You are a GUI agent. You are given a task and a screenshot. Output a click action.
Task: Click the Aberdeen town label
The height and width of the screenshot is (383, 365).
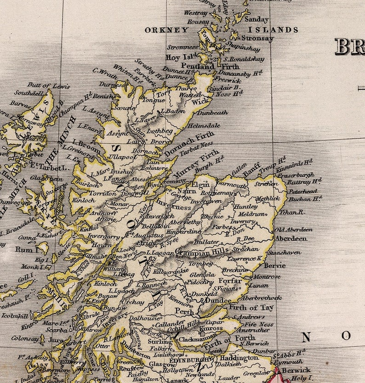[291, 239]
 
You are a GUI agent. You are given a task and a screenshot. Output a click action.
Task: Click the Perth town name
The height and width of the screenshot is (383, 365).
[185, 311]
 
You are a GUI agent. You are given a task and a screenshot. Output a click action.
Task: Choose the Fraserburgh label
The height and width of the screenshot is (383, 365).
[296, 175]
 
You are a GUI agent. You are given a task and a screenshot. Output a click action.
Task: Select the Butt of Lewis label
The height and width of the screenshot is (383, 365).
[49, 85]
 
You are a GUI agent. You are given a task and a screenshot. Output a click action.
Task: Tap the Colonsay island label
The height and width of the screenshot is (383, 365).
[25, 339]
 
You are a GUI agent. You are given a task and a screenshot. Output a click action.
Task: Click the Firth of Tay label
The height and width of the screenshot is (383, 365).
[251, 308]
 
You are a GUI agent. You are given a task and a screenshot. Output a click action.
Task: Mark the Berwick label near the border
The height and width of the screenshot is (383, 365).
[296, 370]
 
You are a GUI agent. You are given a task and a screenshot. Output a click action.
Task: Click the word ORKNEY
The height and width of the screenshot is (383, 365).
[166, 30]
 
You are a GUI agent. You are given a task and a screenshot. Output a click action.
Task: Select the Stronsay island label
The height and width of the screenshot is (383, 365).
[257, 39]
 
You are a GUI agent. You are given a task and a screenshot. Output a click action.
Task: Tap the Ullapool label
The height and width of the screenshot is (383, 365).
[122, 157]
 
